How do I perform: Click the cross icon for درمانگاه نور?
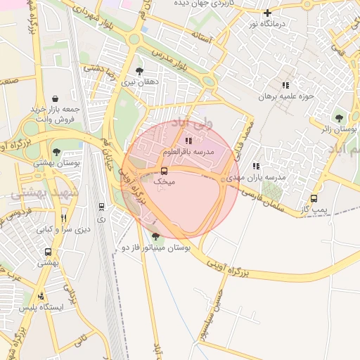267,13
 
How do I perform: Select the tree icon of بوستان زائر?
340,118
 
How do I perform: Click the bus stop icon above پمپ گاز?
314,198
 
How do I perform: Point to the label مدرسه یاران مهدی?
257,177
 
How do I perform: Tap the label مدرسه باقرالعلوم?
188,152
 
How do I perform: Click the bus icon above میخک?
164,171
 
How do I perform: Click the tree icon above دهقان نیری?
139,71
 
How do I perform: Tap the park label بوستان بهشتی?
56,162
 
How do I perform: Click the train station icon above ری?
102,207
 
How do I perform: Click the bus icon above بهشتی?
48,252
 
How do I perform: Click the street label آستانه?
210,40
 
